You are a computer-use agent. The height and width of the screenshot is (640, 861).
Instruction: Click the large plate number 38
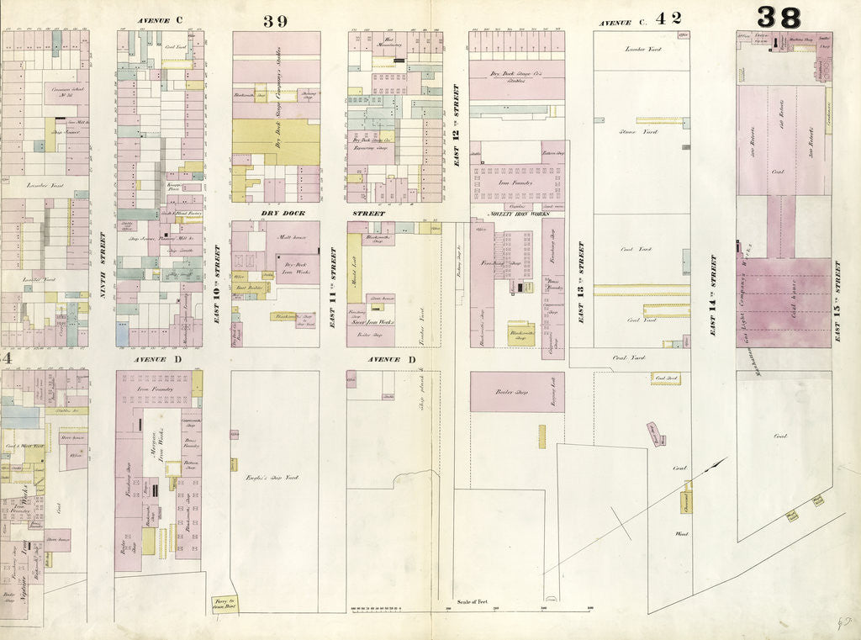[779, 16]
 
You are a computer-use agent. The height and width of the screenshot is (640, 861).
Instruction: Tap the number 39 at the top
[275, 21]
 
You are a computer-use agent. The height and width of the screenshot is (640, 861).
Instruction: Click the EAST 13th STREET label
[579, 282]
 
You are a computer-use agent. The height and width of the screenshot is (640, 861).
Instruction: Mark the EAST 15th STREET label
[837, 300]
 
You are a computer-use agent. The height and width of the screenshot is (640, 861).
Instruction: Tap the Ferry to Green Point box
[224, 604]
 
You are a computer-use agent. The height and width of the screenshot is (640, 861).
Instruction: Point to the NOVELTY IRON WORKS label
[513, 214]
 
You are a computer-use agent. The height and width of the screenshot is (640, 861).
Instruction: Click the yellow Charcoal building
[686, 502]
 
